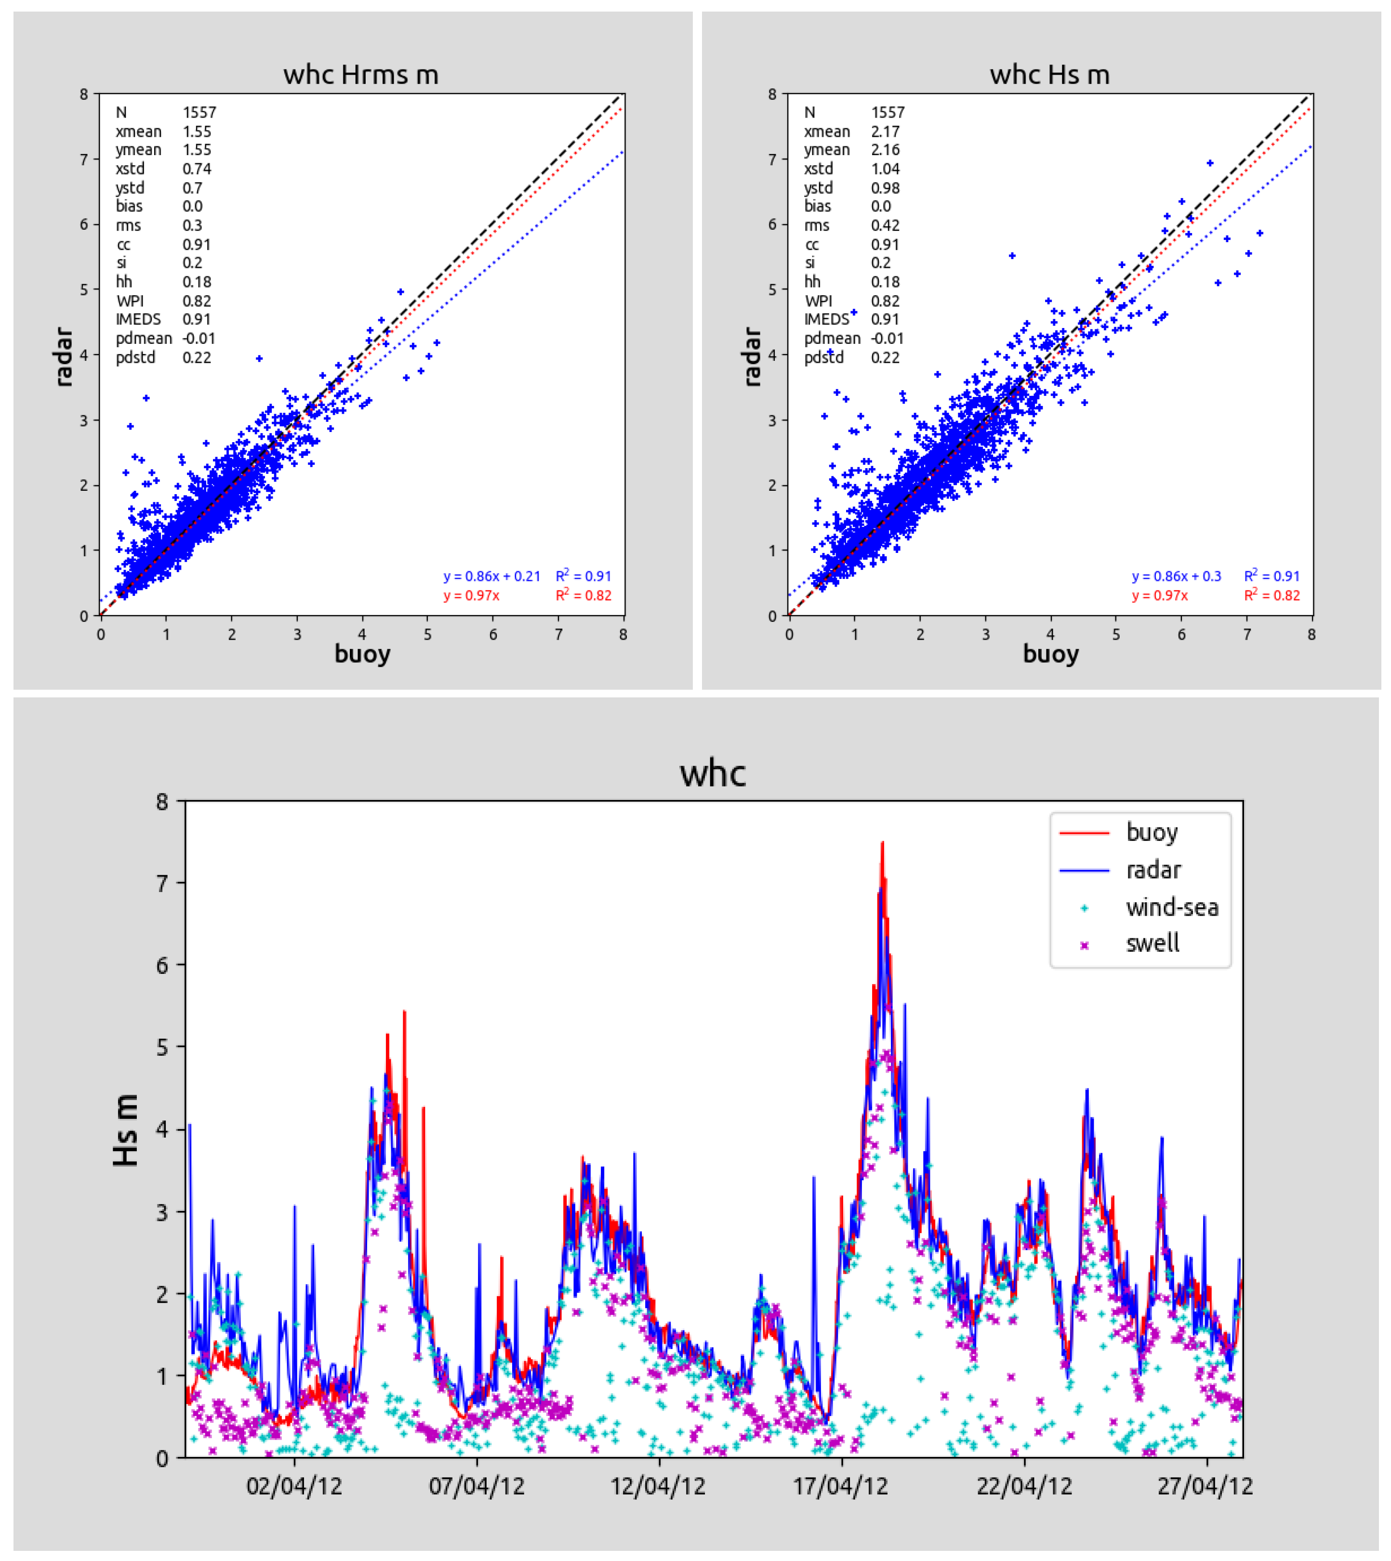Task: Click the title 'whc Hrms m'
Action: click(x=361, y=75)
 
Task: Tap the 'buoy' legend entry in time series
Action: click(x=1151, y=832)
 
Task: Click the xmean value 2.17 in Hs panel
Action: click(x=885, y=131)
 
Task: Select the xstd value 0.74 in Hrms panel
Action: click(x=197, y=169)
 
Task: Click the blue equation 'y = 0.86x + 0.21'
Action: click(x=491, y=576)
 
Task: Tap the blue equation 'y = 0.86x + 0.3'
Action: click(x=1176, y=576)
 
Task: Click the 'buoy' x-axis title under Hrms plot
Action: click(x=362, y=654)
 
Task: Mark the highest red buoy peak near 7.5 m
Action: click(x=882, y=843)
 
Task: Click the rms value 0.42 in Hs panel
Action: click(x=885, y=225)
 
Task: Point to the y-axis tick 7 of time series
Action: click(x=162, y=884)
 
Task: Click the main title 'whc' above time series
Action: click(x=712, y=773)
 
